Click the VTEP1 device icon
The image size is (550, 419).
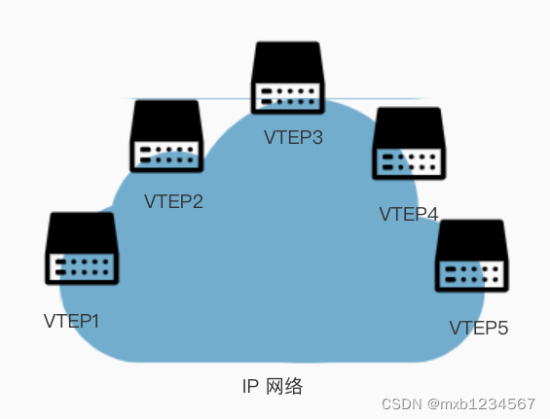pyautogui.click(x=82, y=249)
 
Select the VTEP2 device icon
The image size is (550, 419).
pyautogui.click(x=166, y=136)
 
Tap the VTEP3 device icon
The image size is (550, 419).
pyautogui.click(x=287, y=78)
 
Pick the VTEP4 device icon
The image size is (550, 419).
pyautogui.click(x=409, y=144)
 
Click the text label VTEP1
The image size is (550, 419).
pyautogui.click(x=72, y=320)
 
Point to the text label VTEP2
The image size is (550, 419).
pyautogui.click(x=173, y=202)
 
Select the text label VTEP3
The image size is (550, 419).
pyautogui.click(x=293, y=137)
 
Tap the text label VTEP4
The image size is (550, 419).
pyautogui.click(x=409, y=214)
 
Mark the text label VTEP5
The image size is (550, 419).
pyautogui.click(x=479, y=328)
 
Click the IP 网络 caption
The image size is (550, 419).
pyautogui.click(x=273, y=386)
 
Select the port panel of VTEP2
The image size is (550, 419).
pyautogui.click(x=166, y=155)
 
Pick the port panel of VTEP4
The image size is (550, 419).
pyautogui.click(x=409, y=162)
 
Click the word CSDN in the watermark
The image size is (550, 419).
pyautogui.click(x=399, y=403)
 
